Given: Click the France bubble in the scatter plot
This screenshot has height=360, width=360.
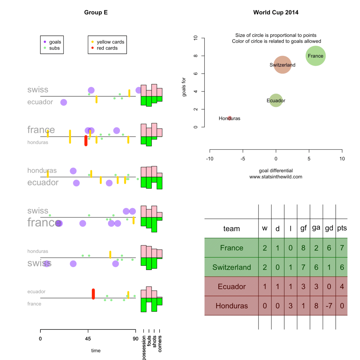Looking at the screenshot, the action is click(315, 56).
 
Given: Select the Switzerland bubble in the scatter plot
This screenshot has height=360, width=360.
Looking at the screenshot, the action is click(282, 65).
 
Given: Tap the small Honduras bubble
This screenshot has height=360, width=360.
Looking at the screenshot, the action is click(230, 118).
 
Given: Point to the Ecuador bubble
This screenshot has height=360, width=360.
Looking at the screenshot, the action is click(276, 100).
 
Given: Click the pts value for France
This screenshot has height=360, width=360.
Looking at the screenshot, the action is click(342, 248).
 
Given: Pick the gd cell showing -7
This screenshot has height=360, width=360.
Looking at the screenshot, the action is click(329, 306).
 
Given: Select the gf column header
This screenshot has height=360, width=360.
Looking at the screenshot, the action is click(303, 228).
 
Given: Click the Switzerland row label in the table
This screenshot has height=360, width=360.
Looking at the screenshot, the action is click(232, 267).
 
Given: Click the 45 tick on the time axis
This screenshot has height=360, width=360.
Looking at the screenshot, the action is click(88, 339).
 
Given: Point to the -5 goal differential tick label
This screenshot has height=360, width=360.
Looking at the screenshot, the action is click(243, 159).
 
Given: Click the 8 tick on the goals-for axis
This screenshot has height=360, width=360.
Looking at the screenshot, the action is click(195, 56).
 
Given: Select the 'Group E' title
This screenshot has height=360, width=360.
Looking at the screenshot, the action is click(96, 12).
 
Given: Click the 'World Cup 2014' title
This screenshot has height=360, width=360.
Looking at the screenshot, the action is click(276, 12).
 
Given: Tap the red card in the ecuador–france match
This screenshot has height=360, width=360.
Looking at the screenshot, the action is click(93, 294).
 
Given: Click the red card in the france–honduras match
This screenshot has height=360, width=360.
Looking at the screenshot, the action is click(86, 141).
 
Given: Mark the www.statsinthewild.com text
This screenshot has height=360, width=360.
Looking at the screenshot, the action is click(276, 177).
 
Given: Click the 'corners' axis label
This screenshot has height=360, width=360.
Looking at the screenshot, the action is click(160, 344).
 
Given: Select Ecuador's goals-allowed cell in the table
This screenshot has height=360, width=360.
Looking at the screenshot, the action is click(316, 287).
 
